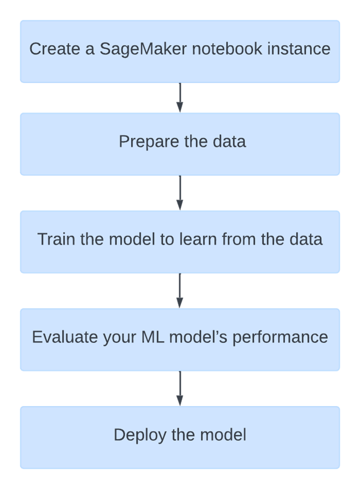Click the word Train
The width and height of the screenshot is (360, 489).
point(54,239)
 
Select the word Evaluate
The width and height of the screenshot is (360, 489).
point(64,337)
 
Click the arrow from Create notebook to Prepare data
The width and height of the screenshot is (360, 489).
point(180,97)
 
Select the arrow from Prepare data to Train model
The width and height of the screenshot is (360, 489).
point(180,193)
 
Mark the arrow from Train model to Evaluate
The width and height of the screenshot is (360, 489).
point(180,291)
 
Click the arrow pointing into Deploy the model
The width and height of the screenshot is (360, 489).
point(180,388)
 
